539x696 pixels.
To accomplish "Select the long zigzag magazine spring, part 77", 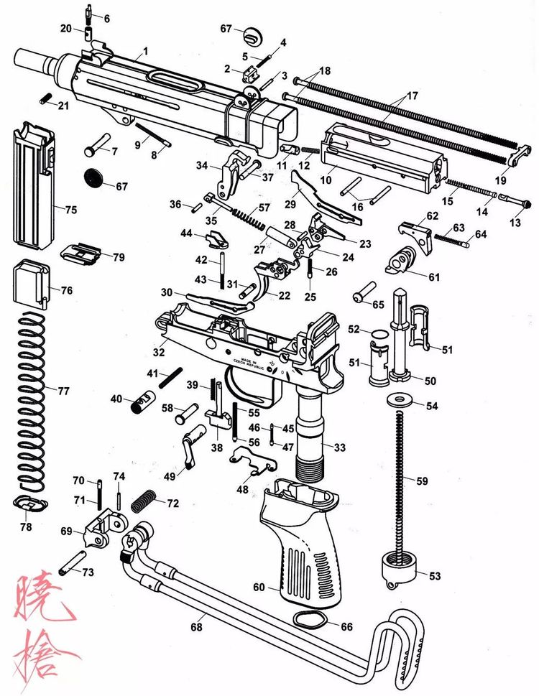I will coord(28,402).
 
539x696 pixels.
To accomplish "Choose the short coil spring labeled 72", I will coord(144,499).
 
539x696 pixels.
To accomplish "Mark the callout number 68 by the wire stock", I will coord(197,627).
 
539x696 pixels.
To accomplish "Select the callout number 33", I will coord(339,447).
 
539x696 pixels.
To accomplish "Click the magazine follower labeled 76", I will coord(29,284).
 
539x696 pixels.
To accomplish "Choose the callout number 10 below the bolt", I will coord(326,180).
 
